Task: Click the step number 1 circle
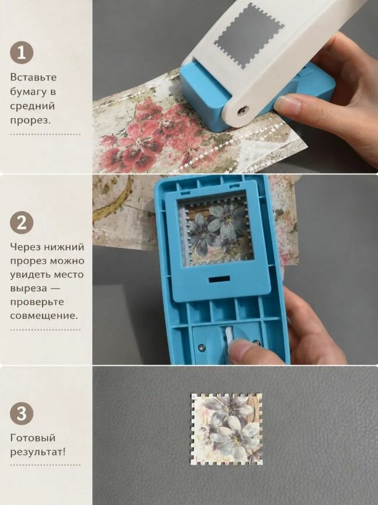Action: click(22, 52)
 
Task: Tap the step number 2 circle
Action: click(22, 222)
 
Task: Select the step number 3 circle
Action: click(22, 413)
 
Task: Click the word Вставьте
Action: click(33, 78)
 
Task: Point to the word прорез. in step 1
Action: click(30, 121)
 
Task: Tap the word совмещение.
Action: click(44, 315)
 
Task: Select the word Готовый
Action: click(33, 438)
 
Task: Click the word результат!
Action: click(38, 452)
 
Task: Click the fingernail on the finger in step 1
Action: click(288, 106)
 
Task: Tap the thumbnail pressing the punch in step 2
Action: click(240, 350)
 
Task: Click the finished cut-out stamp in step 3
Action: click(227, 429)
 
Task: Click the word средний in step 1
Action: click(33, 106)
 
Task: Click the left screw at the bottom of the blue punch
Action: click(202, 346)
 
